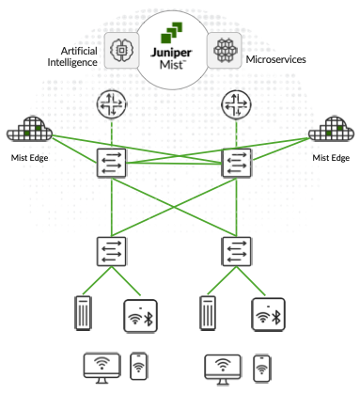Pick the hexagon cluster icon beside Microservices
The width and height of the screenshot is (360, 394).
pos(226,47)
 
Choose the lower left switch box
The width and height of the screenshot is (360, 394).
pos(112,250)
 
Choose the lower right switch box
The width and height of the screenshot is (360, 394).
pos(233,250)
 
